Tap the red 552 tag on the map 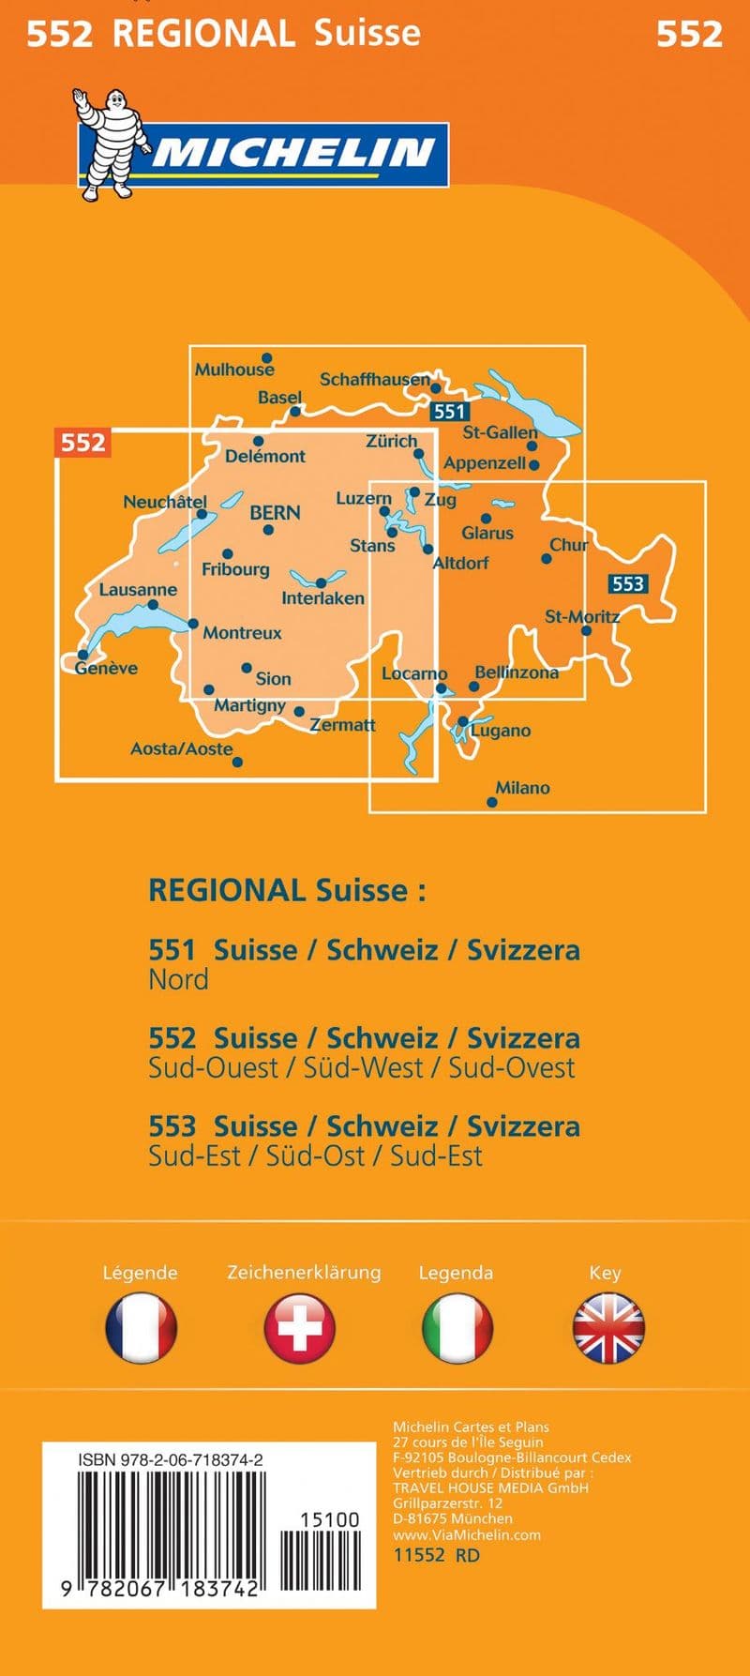(x=82, y=442)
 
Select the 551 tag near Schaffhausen (x=449, y=411)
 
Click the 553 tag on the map (x=627, y=583)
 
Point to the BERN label (x=275, y=513)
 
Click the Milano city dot (x=492, y=802)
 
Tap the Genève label (x=106, y=668)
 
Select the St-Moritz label (x=582, y=616)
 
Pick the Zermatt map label (x=342, y=724)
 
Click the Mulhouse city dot (x=267, y=357)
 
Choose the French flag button (x=141, y=1327)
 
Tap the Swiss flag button (x=300, y=1327)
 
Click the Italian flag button (x=457, y=1327)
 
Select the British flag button (x=608, y=1327)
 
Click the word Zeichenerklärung (x=304, y=1272)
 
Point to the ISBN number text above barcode (x=171, y=1460)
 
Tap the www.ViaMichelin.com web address (x=467, y=1534)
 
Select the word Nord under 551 (x=178, y=979)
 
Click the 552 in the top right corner (x=689, y=35)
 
